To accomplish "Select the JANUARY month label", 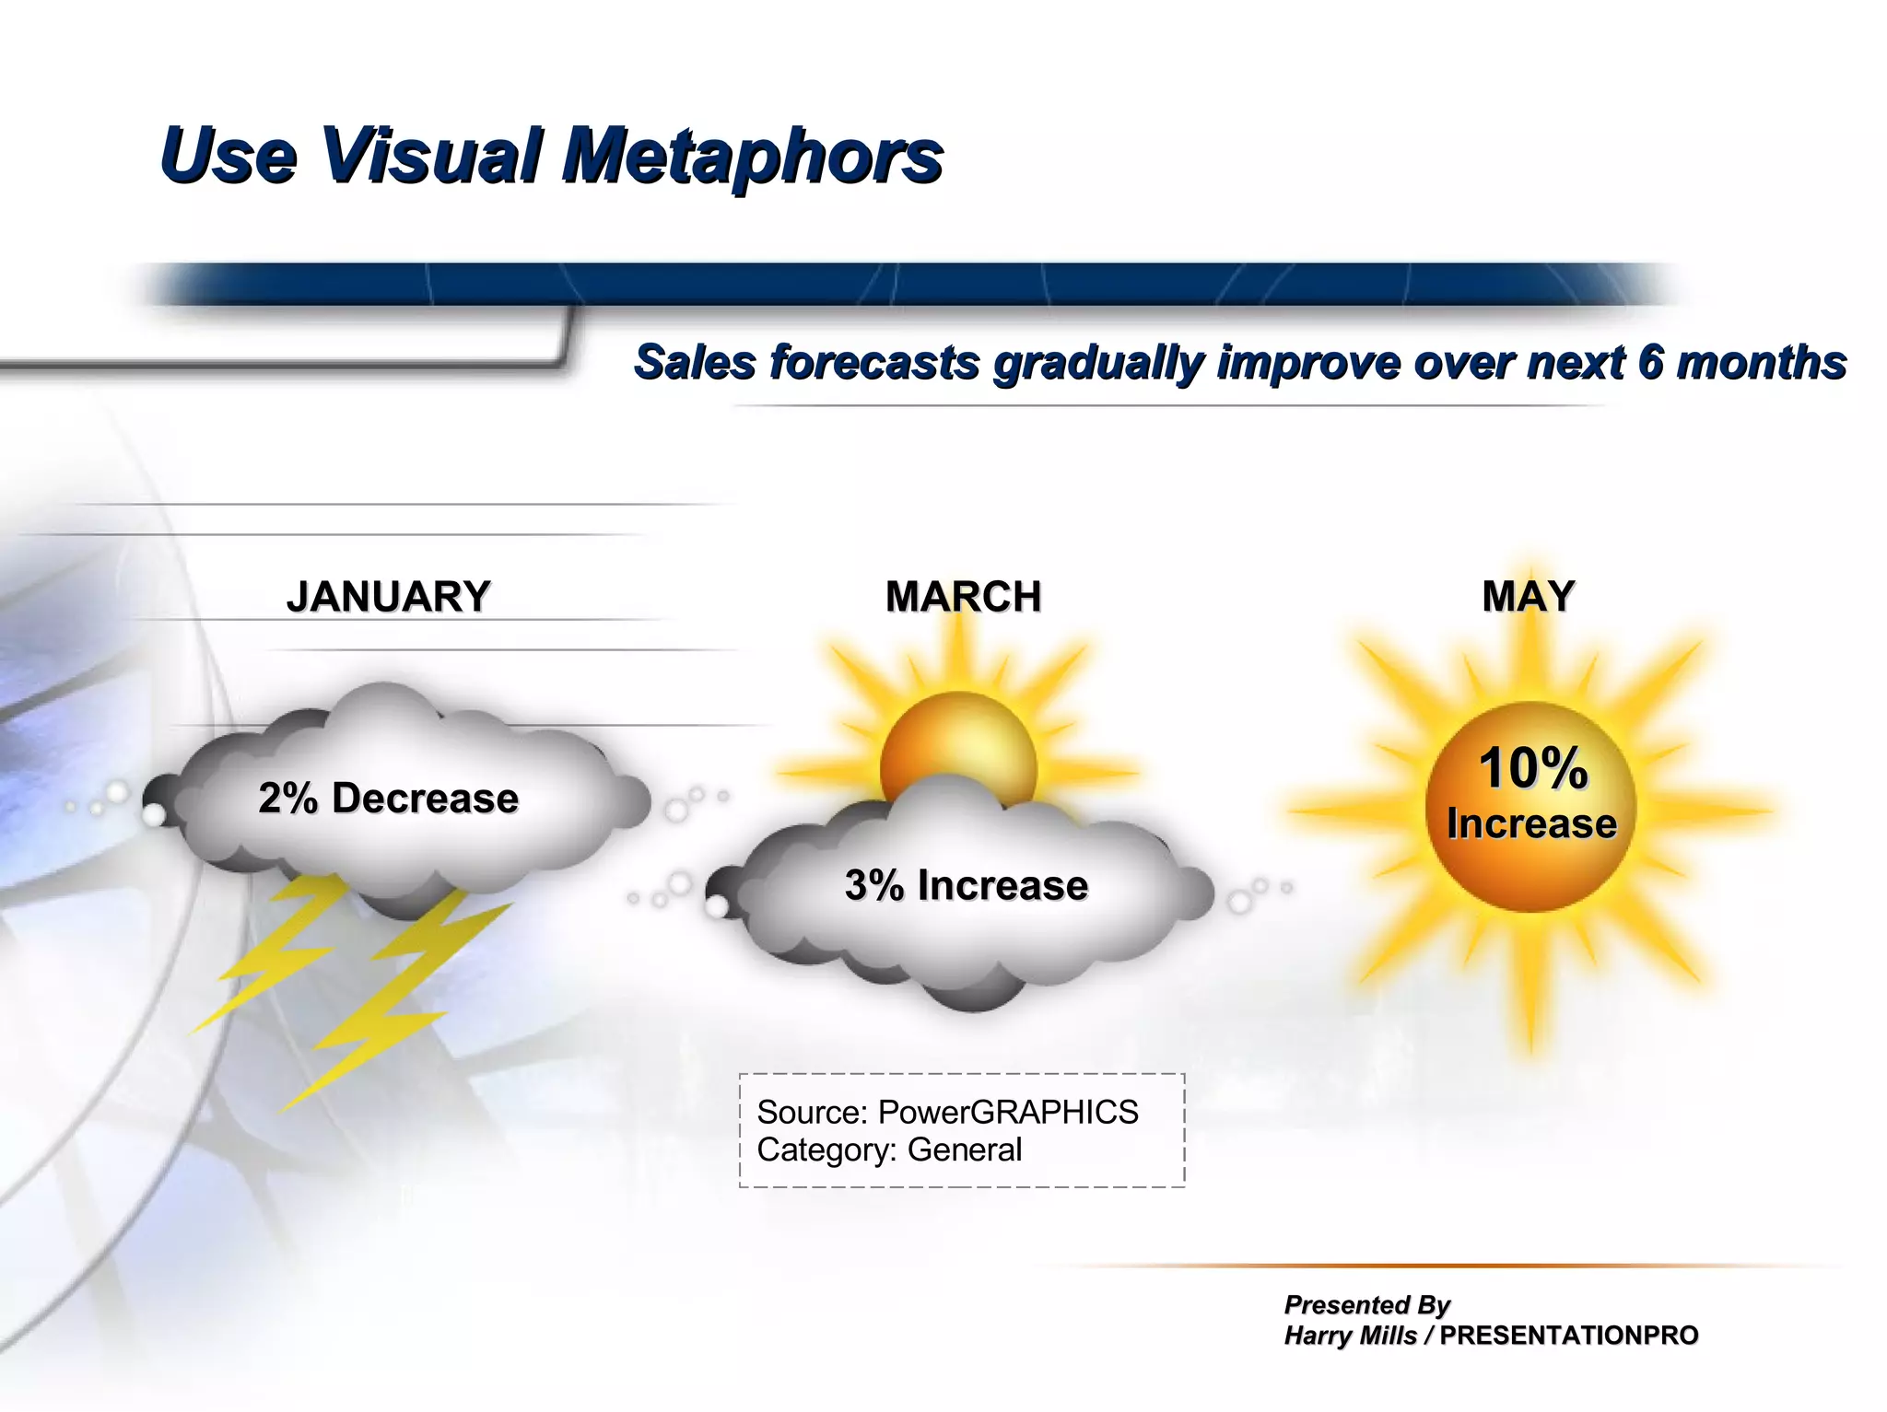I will click(x=388, y=597).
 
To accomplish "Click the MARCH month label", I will click(x=963, y=597).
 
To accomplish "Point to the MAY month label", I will click(x=1528, y=597).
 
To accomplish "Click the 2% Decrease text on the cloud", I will click(x=388, y=798).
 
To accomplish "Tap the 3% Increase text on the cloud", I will click(x=966, y=885).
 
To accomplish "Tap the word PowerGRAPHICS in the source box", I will click(x=1007, y=1112).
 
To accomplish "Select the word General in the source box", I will click(x=964, y=1149).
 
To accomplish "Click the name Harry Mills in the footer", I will click(x=1350, y=1336).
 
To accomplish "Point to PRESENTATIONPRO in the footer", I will click(x=1568, y=1336).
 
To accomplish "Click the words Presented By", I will click(x=1366, y=1304).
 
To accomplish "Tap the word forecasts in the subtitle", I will click(x=874, y=362).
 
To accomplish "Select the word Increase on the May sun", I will click(x=1531, y=823).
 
